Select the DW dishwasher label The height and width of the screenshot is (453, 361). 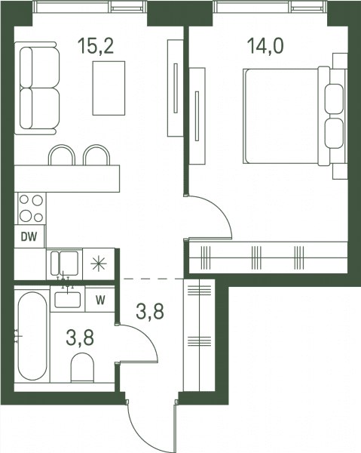(x=29, y=237)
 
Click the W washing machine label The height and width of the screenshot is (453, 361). (x=100, y=300)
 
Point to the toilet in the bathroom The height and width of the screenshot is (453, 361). (x=82, y=367)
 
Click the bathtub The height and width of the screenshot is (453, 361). (x=32, y=336)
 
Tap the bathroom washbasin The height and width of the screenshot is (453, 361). (x=68, y=300)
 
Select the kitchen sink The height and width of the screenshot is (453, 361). (x=64, y=263)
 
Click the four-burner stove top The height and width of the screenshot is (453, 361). (x=31, y=208)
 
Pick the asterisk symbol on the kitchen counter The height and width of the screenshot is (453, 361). (x=99, y=264)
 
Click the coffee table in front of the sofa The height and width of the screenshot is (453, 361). (x=109, y=88)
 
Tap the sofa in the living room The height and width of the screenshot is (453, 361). (x=37, y=88)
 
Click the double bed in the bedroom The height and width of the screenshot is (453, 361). (x=294, y=116)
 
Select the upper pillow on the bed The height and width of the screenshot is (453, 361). (x=334, y=99)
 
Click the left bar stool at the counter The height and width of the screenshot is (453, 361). (x=62, y=155)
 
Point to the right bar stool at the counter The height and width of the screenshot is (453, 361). (x=96, y=155)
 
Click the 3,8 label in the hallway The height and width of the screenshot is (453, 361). (x=150, y=312)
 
